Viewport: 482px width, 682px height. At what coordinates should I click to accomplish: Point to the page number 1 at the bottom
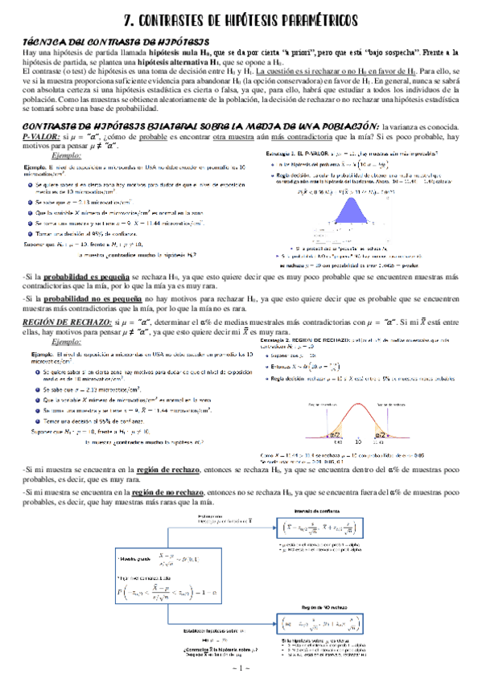point(241,668)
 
